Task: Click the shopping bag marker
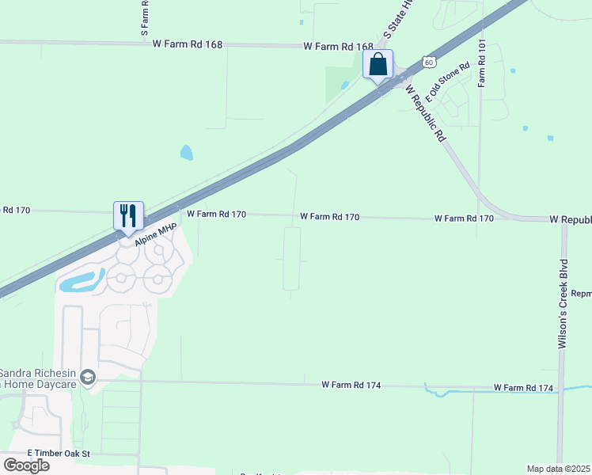click(378, 65)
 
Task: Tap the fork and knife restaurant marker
click(128, 215)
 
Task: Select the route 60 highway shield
click(428, 61)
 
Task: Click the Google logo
click(26, 465)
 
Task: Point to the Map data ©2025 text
click(558, 469)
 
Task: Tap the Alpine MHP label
click(155, 234)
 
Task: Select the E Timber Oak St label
click(59, 454)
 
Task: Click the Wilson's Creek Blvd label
click(564, 304)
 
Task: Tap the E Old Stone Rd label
click(448, 82)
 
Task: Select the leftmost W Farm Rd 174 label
click(351, 385)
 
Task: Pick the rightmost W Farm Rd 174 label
click(524, 387)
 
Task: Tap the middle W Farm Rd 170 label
click(330, 216)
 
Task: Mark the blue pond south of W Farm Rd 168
click(186, 152)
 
